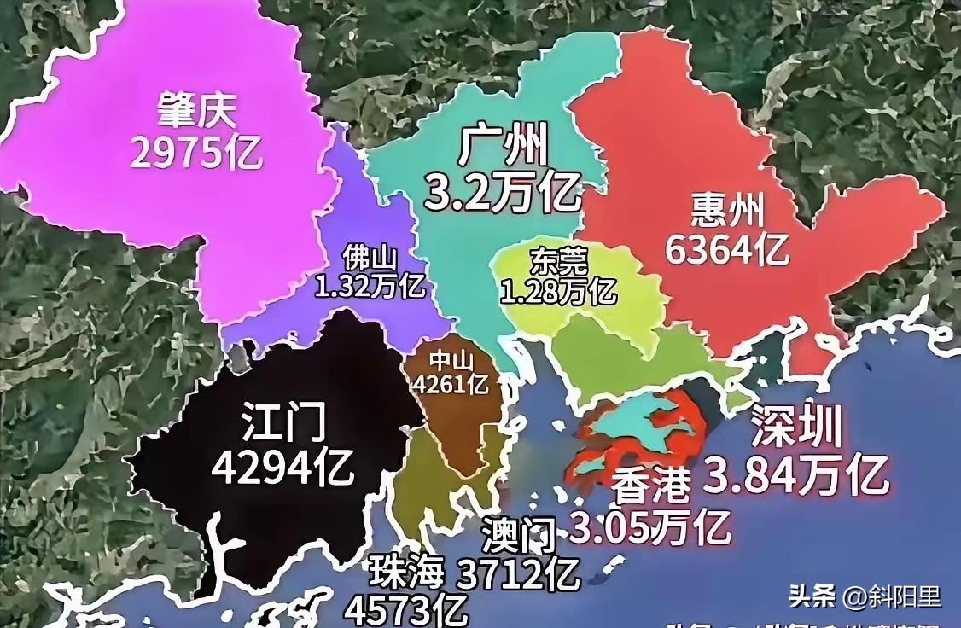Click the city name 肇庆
pos(196,110)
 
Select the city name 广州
pos(503,147)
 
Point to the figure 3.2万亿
pos(504,192)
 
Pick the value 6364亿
pos(727,249)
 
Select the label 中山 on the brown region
pos(450,361)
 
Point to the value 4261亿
pos(451,384)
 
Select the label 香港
pos(651,487)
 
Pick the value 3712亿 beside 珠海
pos(520,576)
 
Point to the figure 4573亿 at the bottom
pos(406,610)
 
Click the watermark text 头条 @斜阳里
pos(865,596)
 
